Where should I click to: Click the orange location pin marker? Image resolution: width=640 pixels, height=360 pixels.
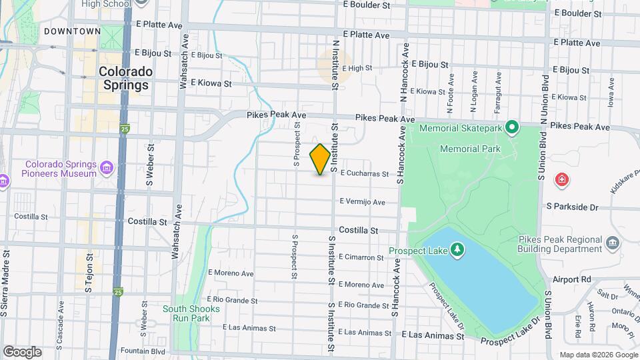click(320, 159)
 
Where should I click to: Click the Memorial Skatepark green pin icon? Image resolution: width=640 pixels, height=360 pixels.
click(511, 126)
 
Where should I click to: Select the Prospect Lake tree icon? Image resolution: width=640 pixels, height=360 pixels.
click(457, 249)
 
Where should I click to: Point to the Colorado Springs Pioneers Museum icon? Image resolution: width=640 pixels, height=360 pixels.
click(107, 166)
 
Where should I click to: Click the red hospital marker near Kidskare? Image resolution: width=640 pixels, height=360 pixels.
click(562, 179)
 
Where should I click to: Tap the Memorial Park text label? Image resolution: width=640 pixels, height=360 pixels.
click(470, 149)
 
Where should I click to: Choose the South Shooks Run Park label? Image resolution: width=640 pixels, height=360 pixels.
click(191, 313)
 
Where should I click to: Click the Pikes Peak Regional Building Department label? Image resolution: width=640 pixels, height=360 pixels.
click(560, 244)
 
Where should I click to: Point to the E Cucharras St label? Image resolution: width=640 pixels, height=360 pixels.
click(364, 173)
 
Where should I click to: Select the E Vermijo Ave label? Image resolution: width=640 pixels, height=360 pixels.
click(362, 202)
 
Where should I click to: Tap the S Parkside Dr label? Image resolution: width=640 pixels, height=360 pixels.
click(573, 207)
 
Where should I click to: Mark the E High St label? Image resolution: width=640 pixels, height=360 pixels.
click(357, 68)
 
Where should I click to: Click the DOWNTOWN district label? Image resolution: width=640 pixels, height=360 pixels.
click(73, 31)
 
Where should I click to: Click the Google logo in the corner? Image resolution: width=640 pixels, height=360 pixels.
click(22, 352)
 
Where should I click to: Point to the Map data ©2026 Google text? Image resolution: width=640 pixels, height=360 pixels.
click(597, 355)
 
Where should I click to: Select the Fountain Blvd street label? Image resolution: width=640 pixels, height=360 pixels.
click(142, 351)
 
